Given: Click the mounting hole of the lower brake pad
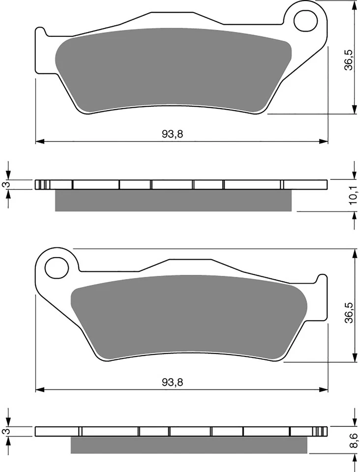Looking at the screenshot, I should pyautogui.click(x=56, y=268).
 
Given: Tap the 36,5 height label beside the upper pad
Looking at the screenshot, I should pyautogui.click(x=348, y=59).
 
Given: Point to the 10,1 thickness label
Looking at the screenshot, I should pyautogui.click(x=352, y=196).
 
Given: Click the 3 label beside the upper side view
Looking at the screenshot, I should pyautogui.click(x=5, y=185).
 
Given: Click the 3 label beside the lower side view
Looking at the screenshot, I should pyautogui.click(x=5, y=431).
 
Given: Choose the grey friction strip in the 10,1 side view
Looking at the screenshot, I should pyautogui.click(x=172, y=201).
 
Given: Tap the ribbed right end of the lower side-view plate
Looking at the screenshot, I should pyautogui.click(x=320, y=431).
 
